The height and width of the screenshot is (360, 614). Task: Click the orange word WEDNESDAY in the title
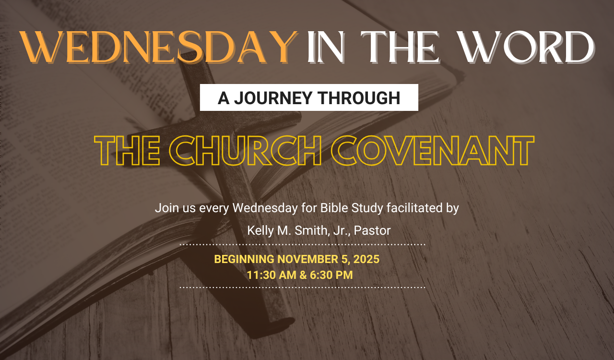pos(159,47)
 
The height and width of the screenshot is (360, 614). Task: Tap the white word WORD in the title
pos(527,47)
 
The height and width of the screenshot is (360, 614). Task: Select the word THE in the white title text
pos(400,47)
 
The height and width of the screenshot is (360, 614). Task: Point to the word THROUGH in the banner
pos(359,98)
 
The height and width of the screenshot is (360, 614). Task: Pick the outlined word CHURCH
pos(245,151)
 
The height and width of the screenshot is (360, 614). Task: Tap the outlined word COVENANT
pos(433,151)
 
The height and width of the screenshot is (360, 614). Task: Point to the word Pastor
pos(372,230)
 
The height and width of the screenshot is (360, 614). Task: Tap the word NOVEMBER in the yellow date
pos(308,259)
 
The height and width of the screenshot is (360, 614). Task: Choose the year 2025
pos(366,259)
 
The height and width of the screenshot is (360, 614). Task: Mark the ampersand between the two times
pos(303,275)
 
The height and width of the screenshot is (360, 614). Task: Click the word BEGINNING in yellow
pos(244,259)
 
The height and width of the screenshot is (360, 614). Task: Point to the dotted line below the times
pos(302,288)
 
